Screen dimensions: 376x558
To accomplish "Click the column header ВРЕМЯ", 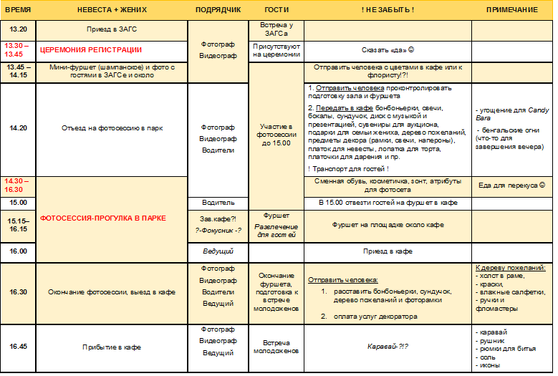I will pos(17,9).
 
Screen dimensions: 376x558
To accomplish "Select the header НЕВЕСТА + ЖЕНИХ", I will pos(111,9).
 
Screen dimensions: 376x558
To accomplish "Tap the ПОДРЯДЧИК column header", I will pos(218,9).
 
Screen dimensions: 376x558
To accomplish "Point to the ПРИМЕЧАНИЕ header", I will pos(511,9).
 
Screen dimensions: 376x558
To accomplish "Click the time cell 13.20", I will pos(18,30).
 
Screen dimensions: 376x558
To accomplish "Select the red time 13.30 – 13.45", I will pos(18,49).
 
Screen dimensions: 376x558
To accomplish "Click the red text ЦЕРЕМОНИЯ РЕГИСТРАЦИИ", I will pos(90,50).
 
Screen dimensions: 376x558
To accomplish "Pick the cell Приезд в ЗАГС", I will pos(111,30).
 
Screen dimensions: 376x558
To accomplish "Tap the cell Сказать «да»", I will pos(388,50).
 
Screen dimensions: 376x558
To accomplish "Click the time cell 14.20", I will pos(18,128).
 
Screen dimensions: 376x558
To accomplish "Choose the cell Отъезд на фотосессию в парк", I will pos(111,128).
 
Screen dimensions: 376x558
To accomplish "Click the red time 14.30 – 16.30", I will pos(18,185).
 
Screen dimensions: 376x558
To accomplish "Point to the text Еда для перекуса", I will pos(511,185).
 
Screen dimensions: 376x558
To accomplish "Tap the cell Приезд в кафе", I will pos(388,251).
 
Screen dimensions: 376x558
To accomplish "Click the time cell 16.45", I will pos(18,347).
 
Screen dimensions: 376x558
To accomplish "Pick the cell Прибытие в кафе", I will pos(111,347).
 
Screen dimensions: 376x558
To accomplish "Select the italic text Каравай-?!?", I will pos(388,347).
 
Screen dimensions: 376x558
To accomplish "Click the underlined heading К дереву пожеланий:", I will pos(510,268).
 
